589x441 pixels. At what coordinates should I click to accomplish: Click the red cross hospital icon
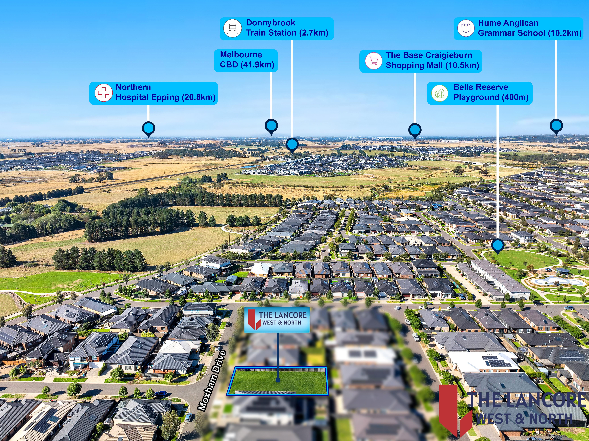103,93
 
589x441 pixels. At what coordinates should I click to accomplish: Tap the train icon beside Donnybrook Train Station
232,28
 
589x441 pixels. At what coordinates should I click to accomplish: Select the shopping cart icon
373,61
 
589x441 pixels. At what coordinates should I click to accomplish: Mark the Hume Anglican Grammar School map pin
556,126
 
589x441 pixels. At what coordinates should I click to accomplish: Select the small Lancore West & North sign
277,320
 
